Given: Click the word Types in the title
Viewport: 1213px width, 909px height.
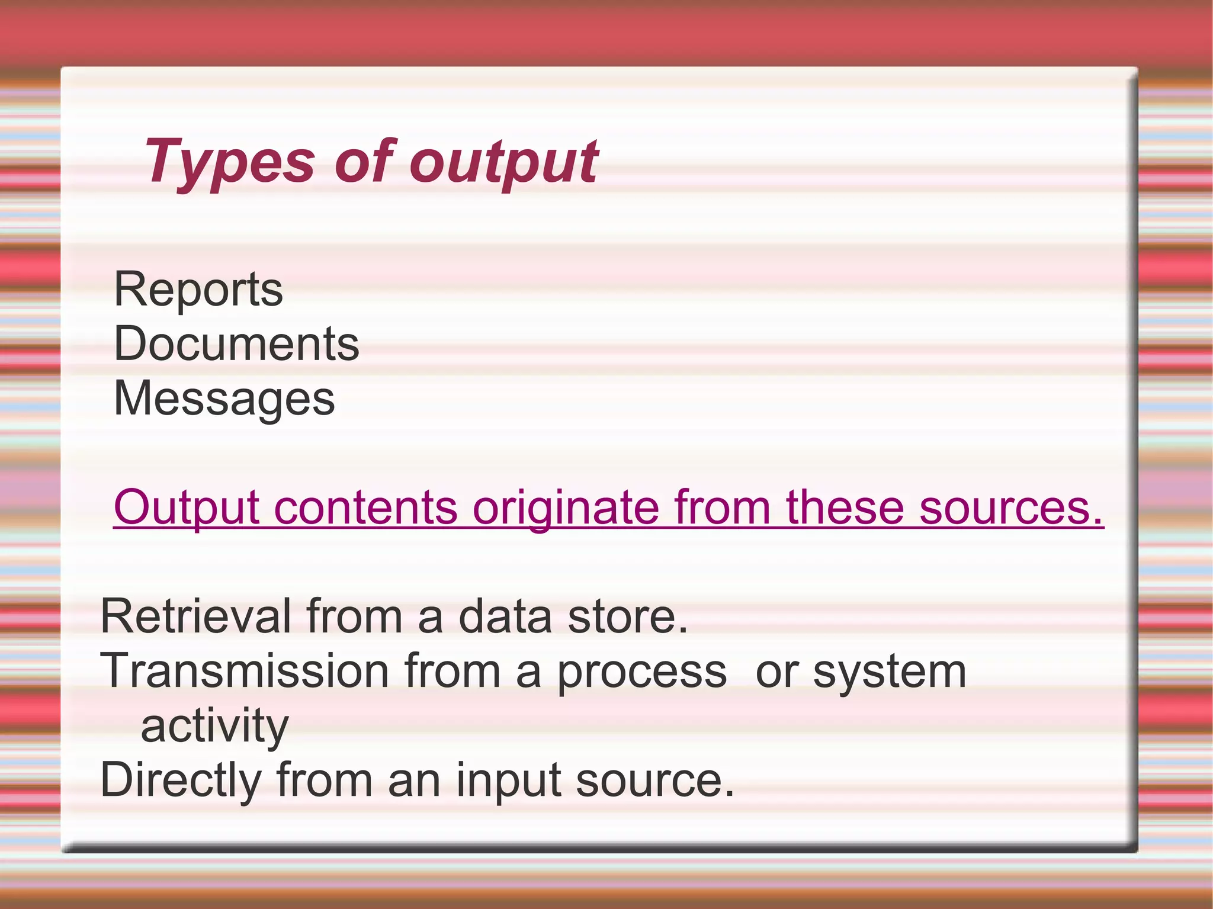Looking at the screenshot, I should [229, 162].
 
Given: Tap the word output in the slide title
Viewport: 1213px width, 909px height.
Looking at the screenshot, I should [503, 162].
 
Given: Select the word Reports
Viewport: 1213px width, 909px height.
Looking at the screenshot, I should [198, 290].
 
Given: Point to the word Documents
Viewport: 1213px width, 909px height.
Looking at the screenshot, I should [236, 344].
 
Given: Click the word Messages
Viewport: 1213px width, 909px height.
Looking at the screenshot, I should [224, 399].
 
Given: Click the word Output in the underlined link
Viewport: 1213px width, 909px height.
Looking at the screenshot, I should [186, 508].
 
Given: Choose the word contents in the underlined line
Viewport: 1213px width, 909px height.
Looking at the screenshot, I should [365, 508].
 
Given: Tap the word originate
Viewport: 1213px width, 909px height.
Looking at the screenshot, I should [566, 508].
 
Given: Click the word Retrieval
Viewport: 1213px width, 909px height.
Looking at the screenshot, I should [196, 616].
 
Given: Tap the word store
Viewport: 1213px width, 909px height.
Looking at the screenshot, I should [628, 616].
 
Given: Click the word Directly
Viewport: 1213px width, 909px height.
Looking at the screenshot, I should [181, 780].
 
